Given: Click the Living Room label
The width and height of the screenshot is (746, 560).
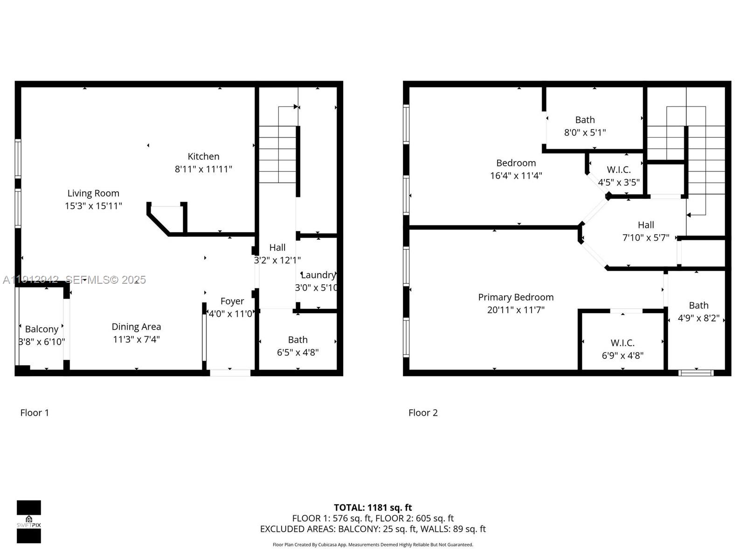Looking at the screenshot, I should click(x=93, y=193).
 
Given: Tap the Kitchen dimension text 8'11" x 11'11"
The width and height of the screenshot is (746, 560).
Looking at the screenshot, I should click(x=203, y=169).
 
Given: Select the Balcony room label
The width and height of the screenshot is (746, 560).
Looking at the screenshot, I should click(x=41, y=329).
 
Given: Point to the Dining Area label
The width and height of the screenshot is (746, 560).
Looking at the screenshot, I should click(x=136, y=327).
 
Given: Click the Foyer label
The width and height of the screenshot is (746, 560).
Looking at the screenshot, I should click(x=232, y=301).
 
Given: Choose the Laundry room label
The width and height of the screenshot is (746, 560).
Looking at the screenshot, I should click(x=318, y=275).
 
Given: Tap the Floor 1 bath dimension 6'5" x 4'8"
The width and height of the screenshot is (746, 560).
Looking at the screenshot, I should click(x=297, y=352).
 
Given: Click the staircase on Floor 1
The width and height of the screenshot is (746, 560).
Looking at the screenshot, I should click(x=278, y=154).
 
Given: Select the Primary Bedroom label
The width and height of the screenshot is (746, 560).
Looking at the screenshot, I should click(x=516, y=297).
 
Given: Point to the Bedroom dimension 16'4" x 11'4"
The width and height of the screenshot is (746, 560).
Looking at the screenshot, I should click(x=516, y=175).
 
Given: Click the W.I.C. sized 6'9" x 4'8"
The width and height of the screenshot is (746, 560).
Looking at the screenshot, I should click(x=622, y=343).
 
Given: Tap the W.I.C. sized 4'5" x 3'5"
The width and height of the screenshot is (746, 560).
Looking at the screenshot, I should click(x=619, y=170).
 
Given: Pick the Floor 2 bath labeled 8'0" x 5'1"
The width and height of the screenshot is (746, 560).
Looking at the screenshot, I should click(x=585, y=120).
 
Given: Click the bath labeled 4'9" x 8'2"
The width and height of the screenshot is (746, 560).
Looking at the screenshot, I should click(x=698, y=306).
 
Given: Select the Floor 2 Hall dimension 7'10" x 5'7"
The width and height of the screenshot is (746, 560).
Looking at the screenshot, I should click(x=646, y=238).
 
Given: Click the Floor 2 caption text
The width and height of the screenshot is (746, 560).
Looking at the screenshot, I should click(x=423, y=413).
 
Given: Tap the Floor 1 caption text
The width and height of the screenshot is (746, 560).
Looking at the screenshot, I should click(x=35, y=413).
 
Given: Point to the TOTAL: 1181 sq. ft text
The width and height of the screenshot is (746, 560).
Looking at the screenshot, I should click(x=373, y=507).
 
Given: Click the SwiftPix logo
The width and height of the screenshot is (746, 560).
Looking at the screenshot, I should click(x=29, y=522).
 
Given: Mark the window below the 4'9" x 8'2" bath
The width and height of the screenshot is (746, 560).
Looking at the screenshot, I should click(x=696, y=372).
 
